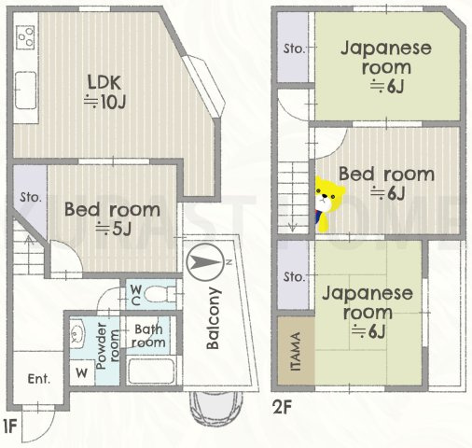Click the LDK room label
(100, 90)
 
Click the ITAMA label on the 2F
(295, 351)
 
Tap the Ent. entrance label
(38, 378)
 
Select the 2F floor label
(284, 406)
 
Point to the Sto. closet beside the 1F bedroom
(28, 197)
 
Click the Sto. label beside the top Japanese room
(294, 48)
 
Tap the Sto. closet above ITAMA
(295, 277)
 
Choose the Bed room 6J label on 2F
(385, 183)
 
